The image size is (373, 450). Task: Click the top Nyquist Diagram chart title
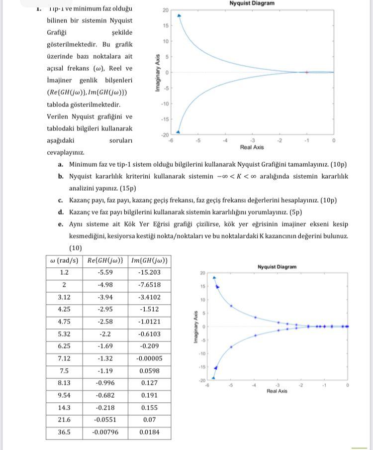(x=252, y=3)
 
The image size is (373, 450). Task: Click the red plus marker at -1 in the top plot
(x=307, y=72)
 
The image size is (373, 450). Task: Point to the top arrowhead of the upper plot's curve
(x=179, y=15)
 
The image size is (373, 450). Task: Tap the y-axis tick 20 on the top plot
(x=165, y=10)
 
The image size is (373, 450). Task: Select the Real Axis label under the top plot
(x=252, y=147)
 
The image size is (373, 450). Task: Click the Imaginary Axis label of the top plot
(x=158, y=72)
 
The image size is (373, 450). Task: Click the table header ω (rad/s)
(x=65, y=261)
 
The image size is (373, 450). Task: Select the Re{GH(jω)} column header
(x=105, y=261)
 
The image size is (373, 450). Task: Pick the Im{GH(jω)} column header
(x=149, y=261)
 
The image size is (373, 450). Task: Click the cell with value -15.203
(x=149, y=273)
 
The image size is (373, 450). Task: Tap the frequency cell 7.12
(x=64, y=358)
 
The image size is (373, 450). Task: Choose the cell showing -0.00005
(x=149, y=358)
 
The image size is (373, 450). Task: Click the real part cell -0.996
(x=105, y=383)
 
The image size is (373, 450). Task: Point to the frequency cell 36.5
(x=64, y=432)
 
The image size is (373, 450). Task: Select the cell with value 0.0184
(x=149, y=432)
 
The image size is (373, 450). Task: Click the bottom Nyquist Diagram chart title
(x=277, y=267)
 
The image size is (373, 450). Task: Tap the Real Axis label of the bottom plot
(x=277, y=391)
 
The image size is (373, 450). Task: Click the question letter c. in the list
(x=60, y=201)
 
